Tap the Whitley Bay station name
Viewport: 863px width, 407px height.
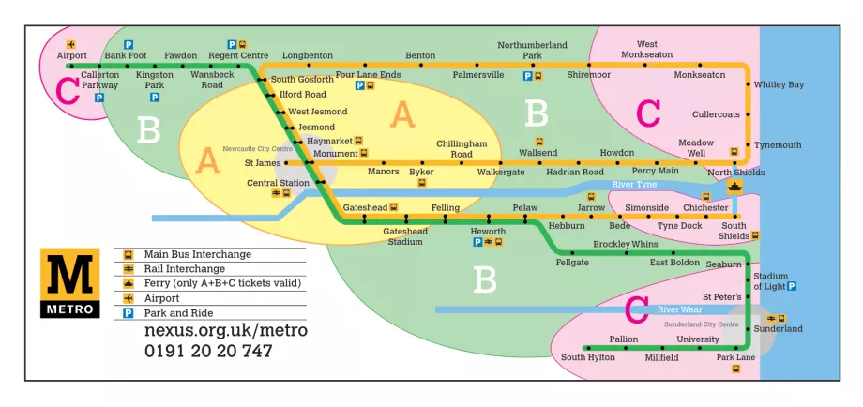pos(779,85)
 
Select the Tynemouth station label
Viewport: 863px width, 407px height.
pos(778,145)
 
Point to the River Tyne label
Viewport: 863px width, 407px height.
pos(634,185)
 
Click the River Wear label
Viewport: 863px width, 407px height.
pos(680,309)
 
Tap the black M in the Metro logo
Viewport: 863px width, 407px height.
pos(68,277)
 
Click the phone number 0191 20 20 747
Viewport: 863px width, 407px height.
pos(207,352)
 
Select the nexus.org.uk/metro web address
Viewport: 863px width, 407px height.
pos(225,331)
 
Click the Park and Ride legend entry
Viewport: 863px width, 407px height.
pos(178,313)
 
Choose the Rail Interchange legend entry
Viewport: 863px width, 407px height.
pos(183,269)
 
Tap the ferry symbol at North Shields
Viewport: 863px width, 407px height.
pos(734,186)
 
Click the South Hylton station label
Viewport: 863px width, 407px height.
pos(587,357)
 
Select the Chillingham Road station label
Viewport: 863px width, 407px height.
pos(462,149)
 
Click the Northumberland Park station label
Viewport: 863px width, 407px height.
pos(532,51)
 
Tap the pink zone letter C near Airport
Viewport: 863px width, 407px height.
pos(68,91)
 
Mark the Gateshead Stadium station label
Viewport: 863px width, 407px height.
pos(405,236)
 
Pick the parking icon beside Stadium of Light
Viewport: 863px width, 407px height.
pos(792,286)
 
